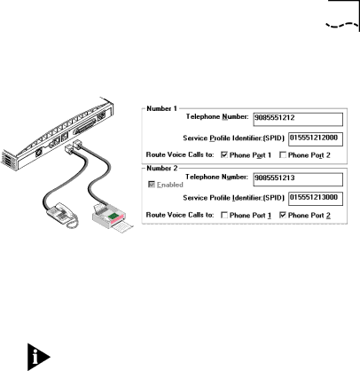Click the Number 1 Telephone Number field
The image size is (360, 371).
click(x=298, y=119)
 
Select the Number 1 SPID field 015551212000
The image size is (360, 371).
click(x=316, y=139)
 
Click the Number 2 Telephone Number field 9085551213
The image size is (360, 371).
click(x=298, y=179)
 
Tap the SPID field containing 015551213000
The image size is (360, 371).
click(x=316, y=199)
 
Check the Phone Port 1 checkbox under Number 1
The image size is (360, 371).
click(x=224, y=154)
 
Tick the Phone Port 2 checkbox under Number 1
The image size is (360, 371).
click(x=283, y=154)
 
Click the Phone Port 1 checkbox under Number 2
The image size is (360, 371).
click(x=224, y=215)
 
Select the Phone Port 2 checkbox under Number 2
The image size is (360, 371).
click(x=283, y=215)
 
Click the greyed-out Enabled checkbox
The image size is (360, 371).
click(x=152, y=185)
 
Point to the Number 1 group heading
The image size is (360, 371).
click(x=161, y=108)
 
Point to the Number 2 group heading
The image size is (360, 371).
click(x=161, y=169)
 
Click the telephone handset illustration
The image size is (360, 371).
click(x=62, y=215)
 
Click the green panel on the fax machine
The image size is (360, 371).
click(x=113, y=217)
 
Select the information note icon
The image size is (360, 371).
click(x=38, y=357)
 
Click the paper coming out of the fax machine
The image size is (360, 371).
click(x=122, y=227)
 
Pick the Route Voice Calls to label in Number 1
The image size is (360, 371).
click(x=180, y=154)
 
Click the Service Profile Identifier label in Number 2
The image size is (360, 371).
click(x=233, y=198)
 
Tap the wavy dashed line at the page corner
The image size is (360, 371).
click(x=342, y=26)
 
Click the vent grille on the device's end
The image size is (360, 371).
click(x=6, y=159)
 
